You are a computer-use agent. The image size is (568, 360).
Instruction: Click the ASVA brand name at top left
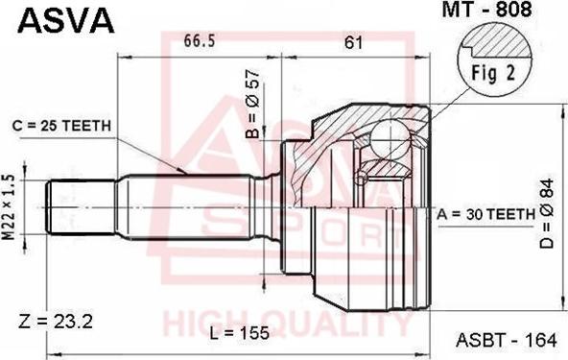[66, 20]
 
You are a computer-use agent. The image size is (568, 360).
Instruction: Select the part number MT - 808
[486, 10]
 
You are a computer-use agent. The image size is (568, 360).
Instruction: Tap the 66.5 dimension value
[200, 40]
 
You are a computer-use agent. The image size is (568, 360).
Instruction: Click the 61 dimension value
[353, 43]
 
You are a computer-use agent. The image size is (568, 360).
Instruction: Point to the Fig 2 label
[493, 73]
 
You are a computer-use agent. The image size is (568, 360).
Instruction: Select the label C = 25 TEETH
[61, 126]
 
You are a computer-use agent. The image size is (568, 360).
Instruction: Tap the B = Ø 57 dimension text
[252, 104]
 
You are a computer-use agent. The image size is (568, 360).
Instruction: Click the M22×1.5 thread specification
[9, 207]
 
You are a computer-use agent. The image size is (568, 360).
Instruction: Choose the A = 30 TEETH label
[485, 215]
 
